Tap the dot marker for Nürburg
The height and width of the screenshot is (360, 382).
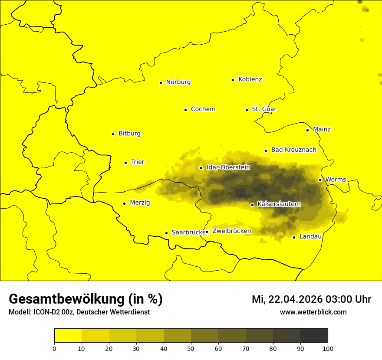coord(161,83)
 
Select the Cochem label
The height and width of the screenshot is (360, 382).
coord(203,109)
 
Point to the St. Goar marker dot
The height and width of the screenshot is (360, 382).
coord(247,110)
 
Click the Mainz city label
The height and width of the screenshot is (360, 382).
coord(322,130)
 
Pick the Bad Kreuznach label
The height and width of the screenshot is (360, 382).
coord(293,150)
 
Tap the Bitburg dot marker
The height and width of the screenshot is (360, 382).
coord(113,134)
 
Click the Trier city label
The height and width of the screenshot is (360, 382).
coord(137,162)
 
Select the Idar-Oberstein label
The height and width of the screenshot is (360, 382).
coord(228,167)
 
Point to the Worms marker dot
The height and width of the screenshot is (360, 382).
coord(320,180)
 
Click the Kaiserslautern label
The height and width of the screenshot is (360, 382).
coord(279,204)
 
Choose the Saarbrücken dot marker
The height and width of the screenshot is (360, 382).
coord(166,233)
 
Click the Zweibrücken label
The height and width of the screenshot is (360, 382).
coord(231,231)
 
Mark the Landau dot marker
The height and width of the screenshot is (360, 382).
coord(294,237)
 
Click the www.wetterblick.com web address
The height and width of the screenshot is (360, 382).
coord(313,312)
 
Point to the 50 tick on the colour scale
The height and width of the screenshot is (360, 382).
coord(191,348)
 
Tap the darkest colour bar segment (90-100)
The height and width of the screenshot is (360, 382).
coord(314,335)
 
